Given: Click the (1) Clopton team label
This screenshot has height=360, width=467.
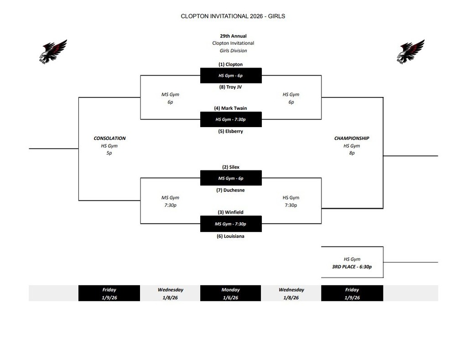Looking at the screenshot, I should click(230, 64).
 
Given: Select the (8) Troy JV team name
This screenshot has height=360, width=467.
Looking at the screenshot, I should click(230, 87).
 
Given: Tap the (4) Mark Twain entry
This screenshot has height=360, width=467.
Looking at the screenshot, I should click(230, 108).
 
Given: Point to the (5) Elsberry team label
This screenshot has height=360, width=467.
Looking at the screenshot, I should click(230, 131).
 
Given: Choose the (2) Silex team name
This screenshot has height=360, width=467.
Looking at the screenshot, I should click(231, 167).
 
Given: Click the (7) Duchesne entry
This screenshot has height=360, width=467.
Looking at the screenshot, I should click(230, 190).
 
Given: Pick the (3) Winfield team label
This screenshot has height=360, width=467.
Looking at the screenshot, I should click(230, 212).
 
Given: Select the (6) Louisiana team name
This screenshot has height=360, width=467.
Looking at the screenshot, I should click(230, 236).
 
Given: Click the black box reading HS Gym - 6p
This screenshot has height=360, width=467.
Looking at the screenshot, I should click(231, 76).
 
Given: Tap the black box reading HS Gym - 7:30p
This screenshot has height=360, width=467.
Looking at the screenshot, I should click(231, 119).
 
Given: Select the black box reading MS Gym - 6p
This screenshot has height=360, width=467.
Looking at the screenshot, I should click(231, 178).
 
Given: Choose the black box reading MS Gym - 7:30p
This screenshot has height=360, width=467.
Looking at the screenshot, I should click(231, 224).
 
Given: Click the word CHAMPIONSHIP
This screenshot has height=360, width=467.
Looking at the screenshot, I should click(352, 138).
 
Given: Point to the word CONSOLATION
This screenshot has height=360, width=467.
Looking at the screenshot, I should click(109, 138).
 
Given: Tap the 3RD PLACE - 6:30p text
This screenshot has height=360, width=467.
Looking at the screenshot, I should click(352, 267).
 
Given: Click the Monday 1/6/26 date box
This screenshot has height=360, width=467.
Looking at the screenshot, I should click(230, 293).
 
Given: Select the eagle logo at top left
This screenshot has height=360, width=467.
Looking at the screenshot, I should click(53, 51).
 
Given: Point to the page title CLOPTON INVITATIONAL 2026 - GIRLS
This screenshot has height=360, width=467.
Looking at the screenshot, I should click(233, 16).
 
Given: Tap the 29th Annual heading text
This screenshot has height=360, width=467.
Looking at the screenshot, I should click(233, 36).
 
